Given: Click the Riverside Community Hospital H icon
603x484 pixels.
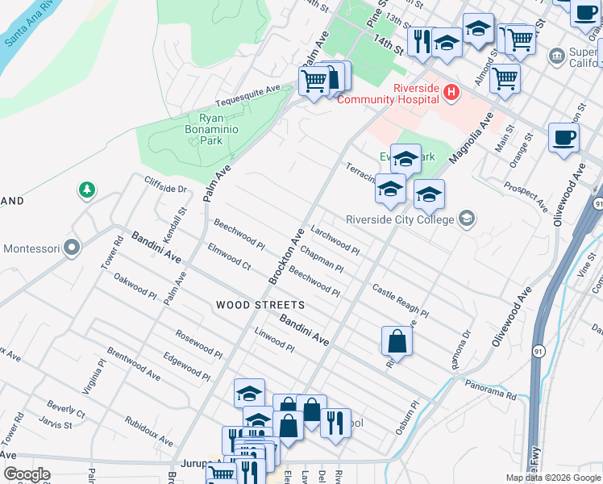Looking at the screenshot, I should point(451,94).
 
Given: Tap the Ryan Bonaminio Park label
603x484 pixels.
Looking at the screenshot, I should point(199,129).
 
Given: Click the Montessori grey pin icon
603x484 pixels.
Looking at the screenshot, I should point(72,248).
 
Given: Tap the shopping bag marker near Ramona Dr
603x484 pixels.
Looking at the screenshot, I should point(397,341).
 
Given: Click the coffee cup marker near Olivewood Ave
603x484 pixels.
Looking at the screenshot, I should point(563,137).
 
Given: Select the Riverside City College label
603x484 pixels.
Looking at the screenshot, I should point(400,219).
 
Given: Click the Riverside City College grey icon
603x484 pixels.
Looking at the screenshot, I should point(466,219).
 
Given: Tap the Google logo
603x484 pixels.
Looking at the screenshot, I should point(27,474).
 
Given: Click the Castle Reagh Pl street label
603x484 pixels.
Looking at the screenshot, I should point(400,301).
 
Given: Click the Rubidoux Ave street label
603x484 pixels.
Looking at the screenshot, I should point(148,432).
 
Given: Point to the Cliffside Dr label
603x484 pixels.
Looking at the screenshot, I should point(165,185).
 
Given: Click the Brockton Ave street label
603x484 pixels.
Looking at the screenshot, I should point(286,256).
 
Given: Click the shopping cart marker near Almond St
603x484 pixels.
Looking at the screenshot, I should point(504,79).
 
